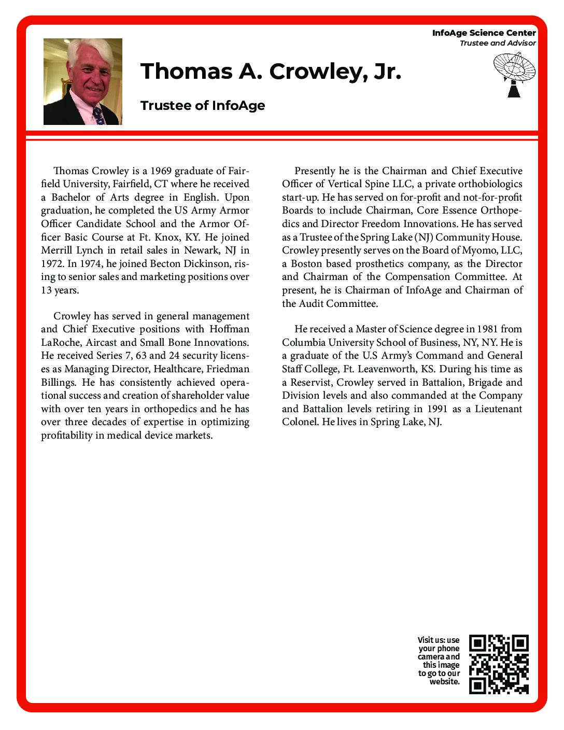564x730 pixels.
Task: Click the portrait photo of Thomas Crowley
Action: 82,81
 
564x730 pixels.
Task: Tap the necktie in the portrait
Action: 98,116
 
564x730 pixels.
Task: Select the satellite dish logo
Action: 514,74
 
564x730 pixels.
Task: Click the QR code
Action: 499,664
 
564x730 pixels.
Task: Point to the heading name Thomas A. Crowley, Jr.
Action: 271,72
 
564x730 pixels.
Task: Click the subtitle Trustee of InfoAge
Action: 203,106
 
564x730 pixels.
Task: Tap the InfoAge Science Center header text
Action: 484,33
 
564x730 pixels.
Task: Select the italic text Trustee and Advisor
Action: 497,43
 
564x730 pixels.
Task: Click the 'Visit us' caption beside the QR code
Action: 439,661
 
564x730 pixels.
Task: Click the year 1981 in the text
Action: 487,329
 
